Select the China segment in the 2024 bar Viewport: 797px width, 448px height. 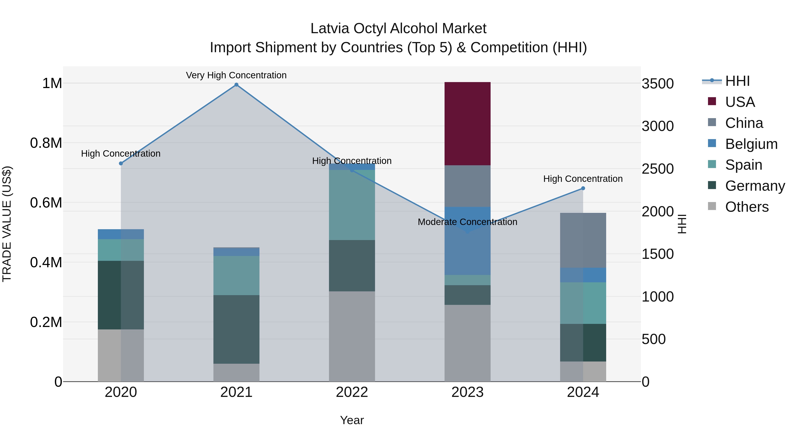[x=583, y=240]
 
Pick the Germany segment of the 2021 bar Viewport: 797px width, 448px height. [x=236, y=329]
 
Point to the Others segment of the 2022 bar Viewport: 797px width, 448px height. [x=352, y=336]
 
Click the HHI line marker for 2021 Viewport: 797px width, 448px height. [x=236, y=85]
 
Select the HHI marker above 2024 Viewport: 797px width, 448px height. [x=583, y=188]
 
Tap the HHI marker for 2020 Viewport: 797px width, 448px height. [x=121, y=163]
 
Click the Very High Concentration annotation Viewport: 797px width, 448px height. [x=236, y=75]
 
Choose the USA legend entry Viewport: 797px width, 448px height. [x=739, y=102]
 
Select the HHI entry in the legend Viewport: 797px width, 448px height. [x=737, y=81]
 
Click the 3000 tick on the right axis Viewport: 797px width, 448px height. [x=658, y=126]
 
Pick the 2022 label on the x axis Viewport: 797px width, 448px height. [x=352, y=392]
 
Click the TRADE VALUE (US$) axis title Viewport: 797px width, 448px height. [x=7, y=224]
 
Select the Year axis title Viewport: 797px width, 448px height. [x=352, y=420]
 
